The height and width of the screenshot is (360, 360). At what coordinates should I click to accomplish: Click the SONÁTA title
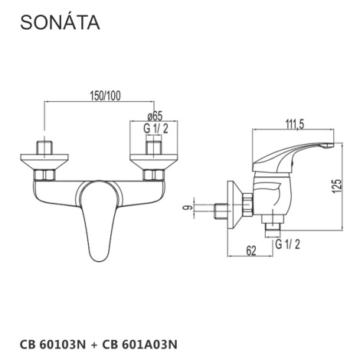click(60, 22)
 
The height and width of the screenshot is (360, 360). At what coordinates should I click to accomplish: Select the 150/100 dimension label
click(105, 96)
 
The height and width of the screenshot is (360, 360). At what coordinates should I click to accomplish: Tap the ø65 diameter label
click(155, 116)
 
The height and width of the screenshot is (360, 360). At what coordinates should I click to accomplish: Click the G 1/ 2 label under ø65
click(155, 129)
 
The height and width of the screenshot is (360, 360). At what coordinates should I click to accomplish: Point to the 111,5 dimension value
click(294, 124)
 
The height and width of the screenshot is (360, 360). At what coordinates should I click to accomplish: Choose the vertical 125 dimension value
click(337, 185)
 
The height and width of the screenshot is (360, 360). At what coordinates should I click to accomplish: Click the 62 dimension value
click(251, 251)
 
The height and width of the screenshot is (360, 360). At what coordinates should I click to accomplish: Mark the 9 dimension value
click(188, 208)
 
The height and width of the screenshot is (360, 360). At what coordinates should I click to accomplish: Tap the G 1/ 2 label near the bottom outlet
click(288, 244)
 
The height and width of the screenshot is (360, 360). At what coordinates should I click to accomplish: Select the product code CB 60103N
click(53, 345)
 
